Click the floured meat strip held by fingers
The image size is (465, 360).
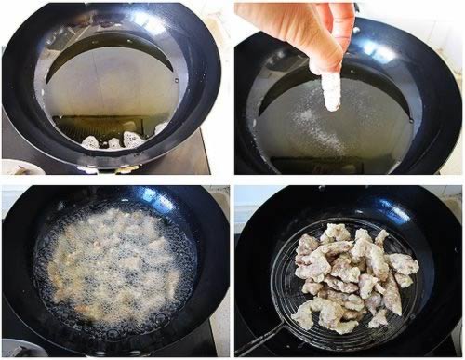[331, 90]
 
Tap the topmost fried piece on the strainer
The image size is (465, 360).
[337, 231]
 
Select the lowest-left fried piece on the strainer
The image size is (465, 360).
[303, 317]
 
